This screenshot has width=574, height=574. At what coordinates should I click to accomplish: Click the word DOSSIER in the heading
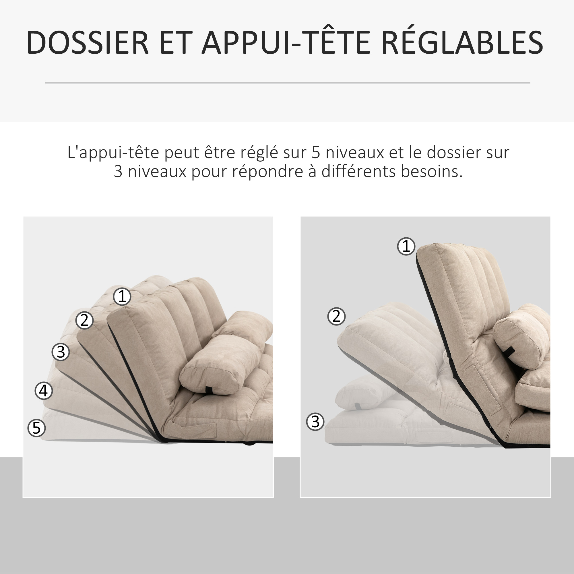coord(88,42)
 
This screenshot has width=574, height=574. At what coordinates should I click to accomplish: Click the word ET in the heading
coord(175,42)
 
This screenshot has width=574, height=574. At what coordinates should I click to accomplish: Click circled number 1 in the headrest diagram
coord(122,296)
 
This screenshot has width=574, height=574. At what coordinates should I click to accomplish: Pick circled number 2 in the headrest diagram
coord(84,320)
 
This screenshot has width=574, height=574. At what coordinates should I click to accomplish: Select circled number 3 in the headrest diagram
coord(61,352)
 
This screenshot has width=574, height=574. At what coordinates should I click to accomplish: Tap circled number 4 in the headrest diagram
coord(44,391)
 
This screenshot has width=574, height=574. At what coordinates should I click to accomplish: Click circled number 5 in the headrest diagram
coord(36,428)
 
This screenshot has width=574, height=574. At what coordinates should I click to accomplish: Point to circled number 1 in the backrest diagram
coord(406,246)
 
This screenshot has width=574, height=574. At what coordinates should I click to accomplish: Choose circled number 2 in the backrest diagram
coord(336,316)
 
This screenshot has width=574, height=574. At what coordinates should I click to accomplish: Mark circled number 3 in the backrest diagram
coord(315,422)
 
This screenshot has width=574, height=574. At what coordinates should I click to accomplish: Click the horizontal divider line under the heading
coord(288,83)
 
